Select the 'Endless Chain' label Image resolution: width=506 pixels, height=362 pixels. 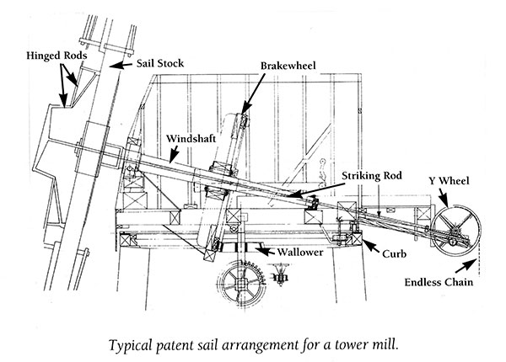tap(437, 283)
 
